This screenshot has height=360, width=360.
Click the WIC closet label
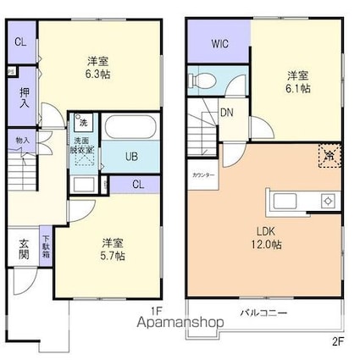pos(219,42)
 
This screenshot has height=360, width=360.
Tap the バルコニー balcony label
pos(263,313)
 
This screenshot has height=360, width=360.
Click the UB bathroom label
pos(132,157)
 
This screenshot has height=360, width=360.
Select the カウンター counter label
pos(203,175)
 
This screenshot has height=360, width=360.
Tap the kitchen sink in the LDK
pos(284,201)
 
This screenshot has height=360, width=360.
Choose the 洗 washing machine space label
pos(83,121)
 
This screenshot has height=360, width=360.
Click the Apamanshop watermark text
pos(175,323)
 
